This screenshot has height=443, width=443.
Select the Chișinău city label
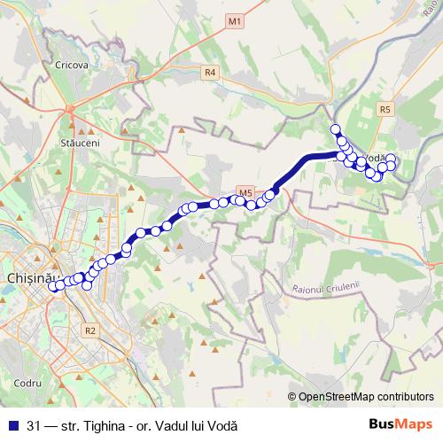(31, 277)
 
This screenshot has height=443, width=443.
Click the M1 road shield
(234, 19)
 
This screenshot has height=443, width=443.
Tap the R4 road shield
(210, 73)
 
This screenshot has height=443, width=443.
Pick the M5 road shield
(246, 192)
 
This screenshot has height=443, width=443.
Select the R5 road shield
(384, 109)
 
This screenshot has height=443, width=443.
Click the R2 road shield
(89, 330)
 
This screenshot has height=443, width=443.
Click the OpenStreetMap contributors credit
(364, 397)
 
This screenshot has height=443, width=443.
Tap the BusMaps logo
(400, 424)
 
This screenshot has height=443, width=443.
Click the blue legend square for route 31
(12, 425)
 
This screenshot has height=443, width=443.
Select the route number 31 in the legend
(34, 425)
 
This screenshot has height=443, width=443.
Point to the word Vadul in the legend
(178, 425)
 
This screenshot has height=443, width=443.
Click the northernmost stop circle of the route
(336, 129)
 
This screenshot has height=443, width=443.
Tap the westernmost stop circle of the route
(53, 285)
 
